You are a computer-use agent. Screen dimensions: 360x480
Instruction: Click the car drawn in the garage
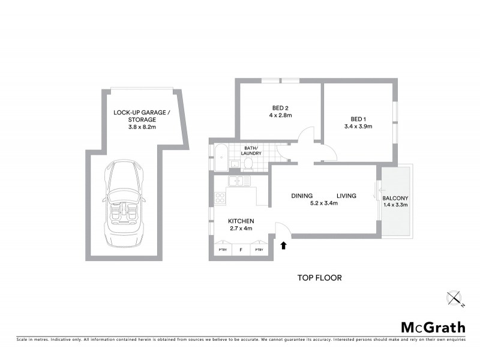[x=125, y=203]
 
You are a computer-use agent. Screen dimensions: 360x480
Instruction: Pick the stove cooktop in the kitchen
[x=220, y=199]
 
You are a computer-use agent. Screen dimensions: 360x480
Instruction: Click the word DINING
[x=302, y=196]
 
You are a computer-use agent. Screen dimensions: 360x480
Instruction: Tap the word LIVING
[x=346, y=196]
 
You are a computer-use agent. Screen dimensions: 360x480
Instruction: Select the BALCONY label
[x=395, y=199]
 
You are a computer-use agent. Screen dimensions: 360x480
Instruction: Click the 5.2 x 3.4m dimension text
[x=324, y=203]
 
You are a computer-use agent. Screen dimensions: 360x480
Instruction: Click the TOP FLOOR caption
[x=319, y=278]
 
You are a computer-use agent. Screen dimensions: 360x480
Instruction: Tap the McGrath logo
[x=432, y=327]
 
